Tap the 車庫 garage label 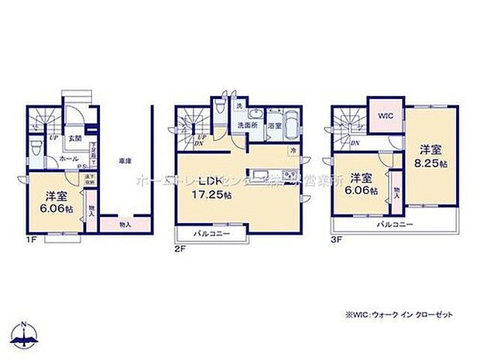tap(124, 160)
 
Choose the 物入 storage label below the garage tap(125, 225)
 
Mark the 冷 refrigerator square tap(294, 151)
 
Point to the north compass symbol tap(26, 334)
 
